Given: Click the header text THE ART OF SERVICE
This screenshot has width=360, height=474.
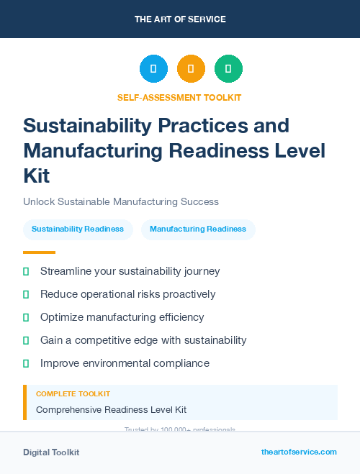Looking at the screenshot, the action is click(180, 19).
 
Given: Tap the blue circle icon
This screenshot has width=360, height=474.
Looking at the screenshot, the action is click(153, 69).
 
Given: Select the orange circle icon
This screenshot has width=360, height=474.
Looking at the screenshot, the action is click(191, 69).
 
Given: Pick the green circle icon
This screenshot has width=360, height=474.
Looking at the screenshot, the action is click(228, 69).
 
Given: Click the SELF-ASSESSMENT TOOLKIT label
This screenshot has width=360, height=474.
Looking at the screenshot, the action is click(179, 97).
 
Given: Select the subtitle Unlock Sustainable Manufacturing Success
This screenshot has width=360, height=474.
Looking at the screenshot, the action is click(121, 201).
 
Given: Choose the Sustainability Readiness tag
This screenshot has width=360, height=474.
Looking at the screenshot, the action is click(78, 229).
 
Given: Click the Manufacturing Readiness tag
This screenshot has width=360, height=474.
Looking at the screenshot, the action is click(198, 229).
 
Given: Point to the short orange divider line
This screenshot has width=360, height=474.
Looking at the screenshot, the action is click(39, 252).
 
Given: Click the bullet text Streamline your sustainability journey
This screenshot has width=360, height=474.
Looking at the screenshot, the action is click(130, 271).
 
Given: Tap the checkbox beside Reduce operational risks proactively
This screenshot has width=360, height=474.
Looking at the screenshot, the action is click(26, 294).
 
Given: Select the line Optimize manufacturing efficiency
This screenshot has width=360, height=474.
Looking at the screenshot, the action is click(122, 317).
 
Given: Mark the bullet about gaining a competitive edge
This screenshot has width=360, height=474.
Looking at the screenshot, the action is click(143, 340).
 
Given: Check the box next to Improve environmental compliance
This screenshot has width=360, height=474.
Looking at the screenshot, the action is click(26, 363).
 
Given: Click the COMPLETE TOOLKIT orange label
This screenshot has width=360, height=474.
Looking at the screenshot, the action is click(73, 394).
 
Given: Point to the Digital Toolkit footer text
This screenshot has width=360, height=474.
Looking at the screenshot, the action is click(51, 452).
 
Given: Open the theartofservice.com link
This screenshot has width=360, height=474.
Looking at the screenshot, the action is click(299, 452).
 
